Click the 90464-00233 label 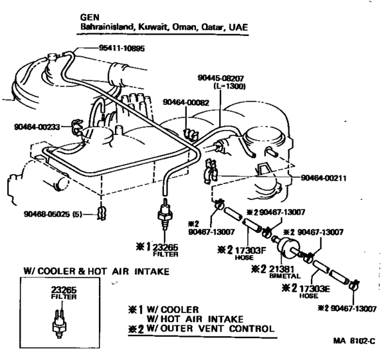37,127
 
